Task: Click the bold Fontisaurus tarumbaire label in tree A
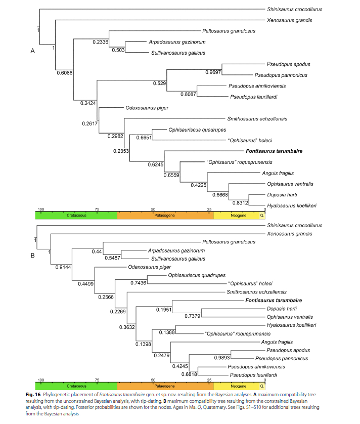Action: pos(271,151)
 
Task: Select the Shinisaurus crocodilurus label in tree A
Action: pos(294,9)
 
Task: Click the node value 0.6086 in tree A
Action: pos(65,73)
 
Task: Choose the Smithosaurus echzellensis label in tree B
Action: pos(256,292)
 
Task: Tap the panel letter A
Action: pos(32,51)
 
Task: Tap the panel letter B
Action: pos(32,255)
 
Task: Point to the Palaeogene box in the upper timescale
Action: pos(165,216)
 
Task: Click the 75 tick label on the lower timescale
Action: pos(97,379)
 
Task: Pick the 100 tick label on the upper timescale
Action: pos(41,209)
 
